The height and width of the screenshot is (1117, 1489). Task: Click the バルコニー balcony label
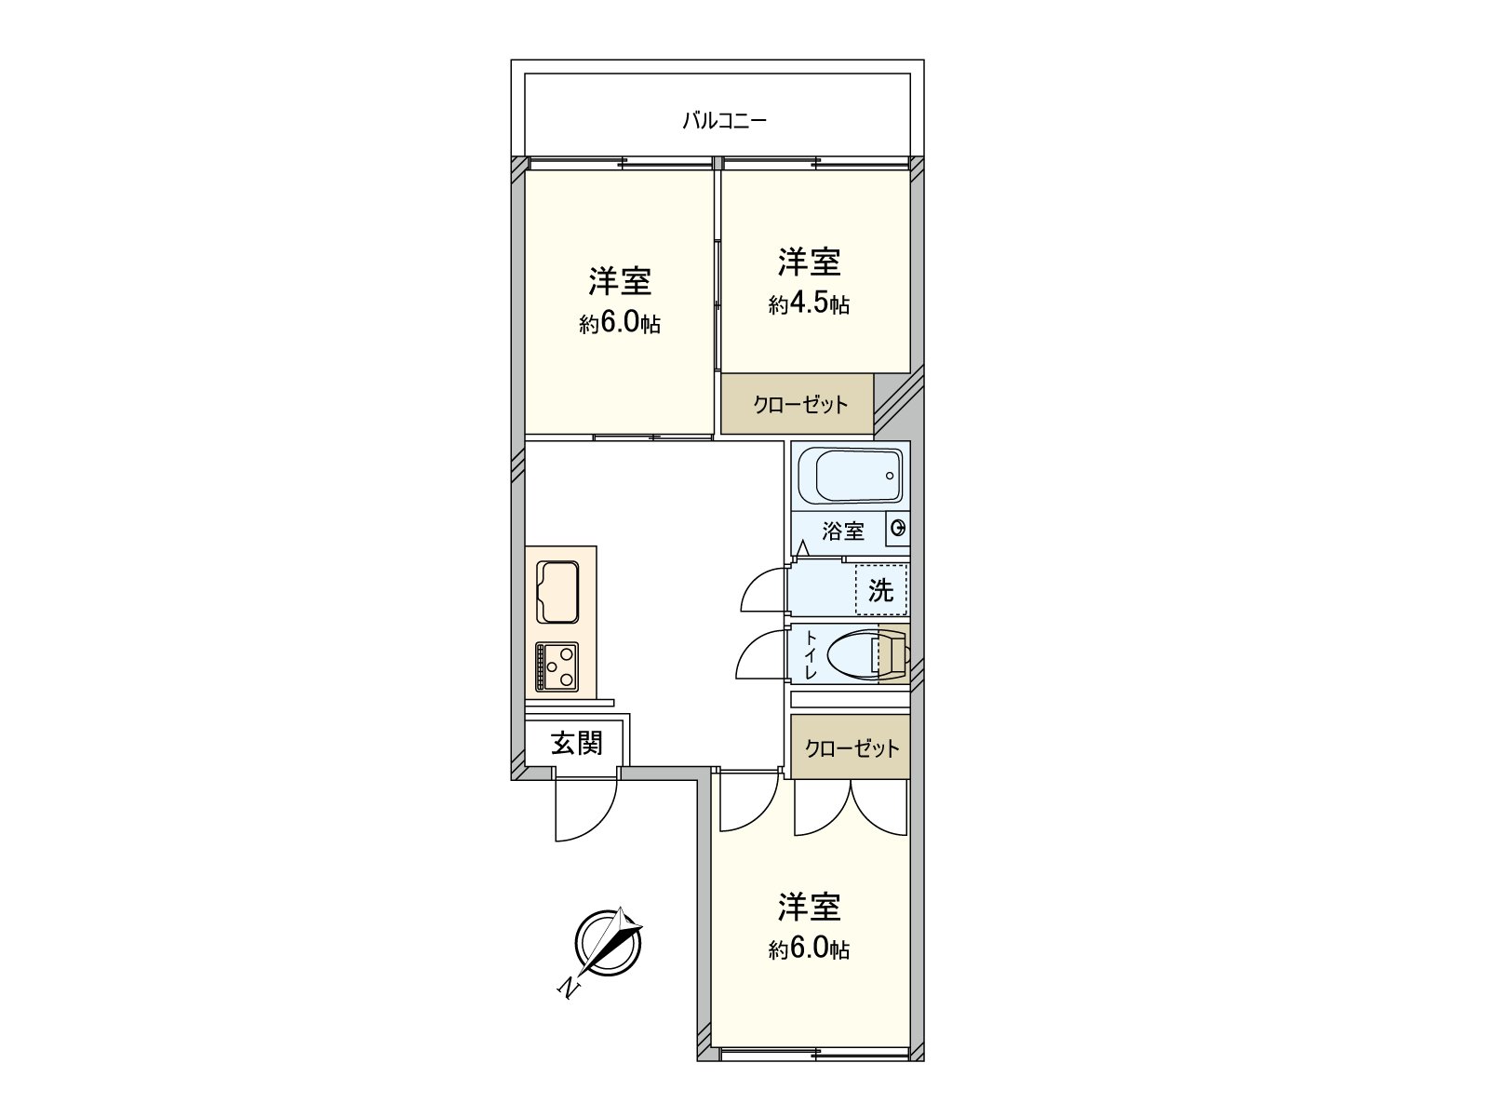point(724,120)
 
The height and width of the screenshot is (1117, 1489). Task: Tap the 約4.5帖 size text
point(809,304)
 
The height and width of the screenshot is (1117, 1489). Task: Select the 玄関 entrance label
point(577,742)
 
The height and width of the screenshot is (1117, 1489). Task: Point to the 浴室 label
point(843,532)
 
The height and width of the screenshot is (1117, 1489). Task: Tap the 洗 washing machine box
point(880,590)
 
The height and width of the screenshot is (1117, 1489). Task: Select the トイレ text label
point(811,654)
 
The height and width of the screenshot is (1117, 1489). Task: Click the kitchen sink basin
point(558,593)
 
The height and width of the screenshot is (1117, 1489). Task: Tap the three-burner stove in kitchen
point(557,666)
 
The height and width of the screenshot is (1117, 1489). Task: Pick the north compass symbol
point(608,942)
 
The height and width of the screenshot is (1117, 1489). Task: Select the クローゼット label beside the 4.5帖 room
point(800,404)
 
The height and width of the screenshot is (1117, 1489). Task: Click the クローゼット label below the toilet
point(852,748)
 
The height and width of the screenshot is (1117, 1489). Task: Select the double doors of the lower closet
point(851,805)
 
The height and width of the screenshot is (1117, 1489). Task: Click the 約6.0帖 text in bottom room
point(809,949)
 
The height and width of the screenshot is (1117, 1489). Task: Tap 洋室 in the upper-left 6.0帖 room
point(619,280)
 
